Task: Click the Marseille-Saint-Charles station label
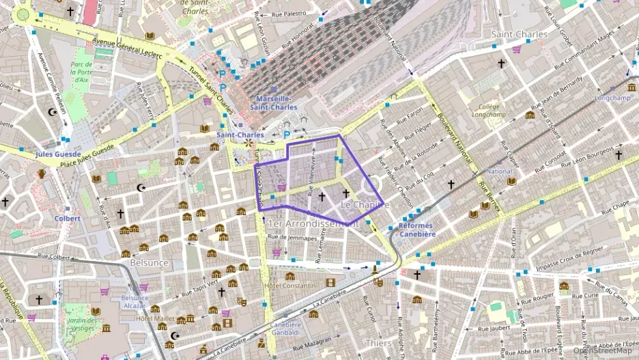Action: pos(273,102)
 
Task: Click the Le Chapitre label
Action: pos(365,205)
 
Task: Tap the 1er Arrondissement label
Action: pos(313,223)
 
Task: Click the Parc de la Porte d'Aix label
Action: pos(80,72)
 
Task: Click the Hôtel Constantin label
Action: pos(289,286)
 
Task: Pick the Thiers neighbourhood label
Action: pos(378,343)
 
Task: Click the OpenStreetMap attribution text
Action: pos(602,351)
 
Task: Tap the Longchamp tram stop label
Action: pos(610,98)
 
